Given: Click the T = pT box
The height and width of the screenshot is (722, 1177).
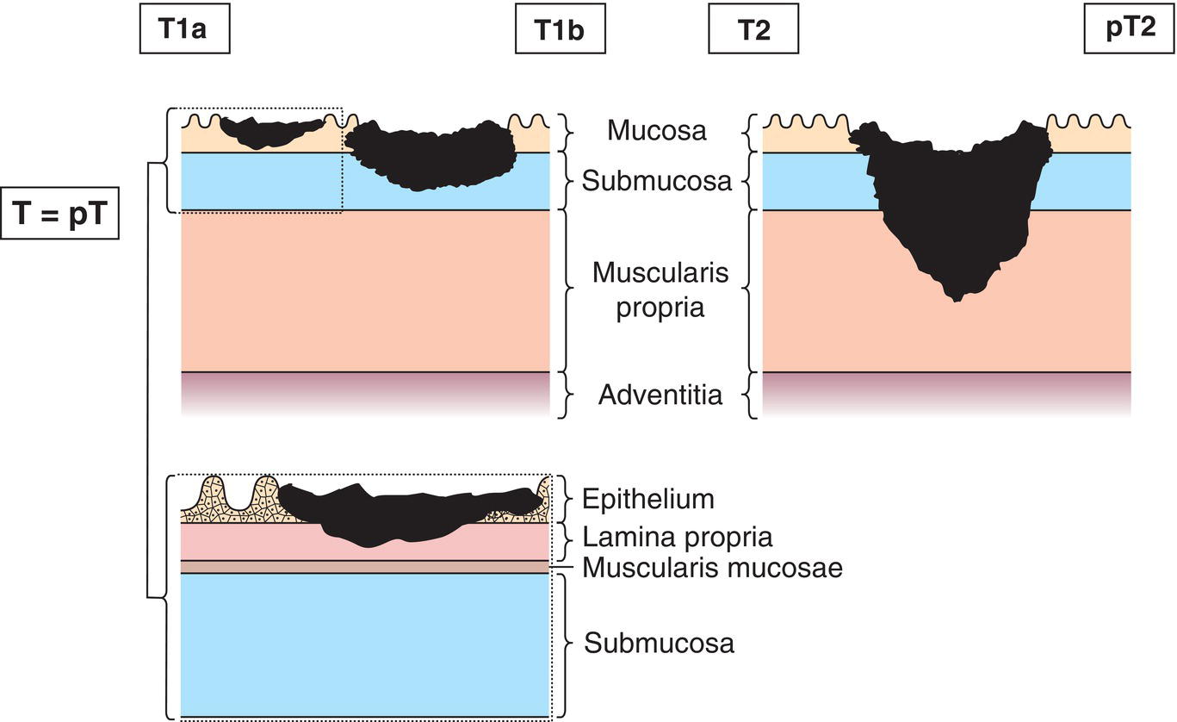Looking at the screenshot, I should pyautogui.click(x=60, y=209).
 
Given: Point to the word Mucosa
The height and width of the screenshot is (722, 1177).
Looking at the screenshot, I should pyautogui.click(x=657, y=130).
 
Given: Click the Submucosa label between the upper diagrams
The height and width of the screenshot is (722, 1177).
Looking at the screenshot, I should pyautogui.click(x=657, y=181).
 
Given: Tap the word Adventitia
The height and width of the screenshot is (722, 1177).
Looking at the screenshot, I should pyautogui.click(x=660, y=395).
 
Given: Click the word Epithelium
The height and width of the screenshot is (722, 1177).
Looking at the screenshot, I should pyautogui.click(x=647, y=499).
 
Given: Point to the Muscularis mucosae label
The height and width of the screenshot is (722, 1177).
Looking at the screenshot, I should pyautogui.click(x=712, y=568).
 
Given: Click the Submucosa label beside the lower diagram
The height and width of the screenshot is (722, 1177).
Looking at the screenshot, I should pyautogui.click(x=660, y=643).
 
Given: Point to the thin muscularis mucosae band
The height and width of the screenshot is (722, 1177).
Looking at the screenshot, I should pyautogui.click(x=365, y=566).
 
